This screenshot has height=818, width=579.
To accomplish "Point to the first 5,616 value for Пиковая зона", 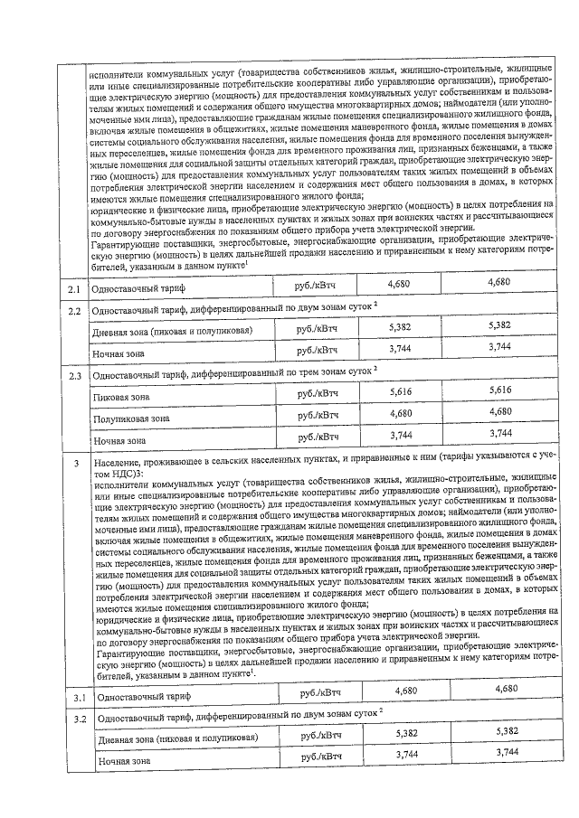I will [400, 393].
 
